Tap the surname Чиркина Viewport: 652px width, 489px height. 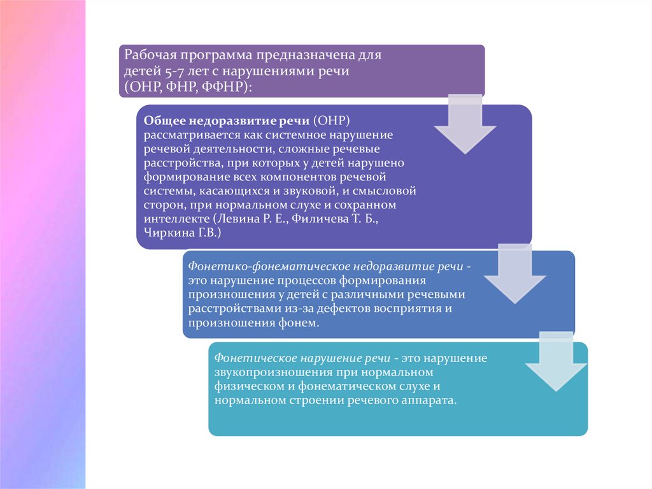point(167,233)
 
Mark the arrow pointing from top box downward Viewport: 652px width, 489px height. point(465,124)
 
